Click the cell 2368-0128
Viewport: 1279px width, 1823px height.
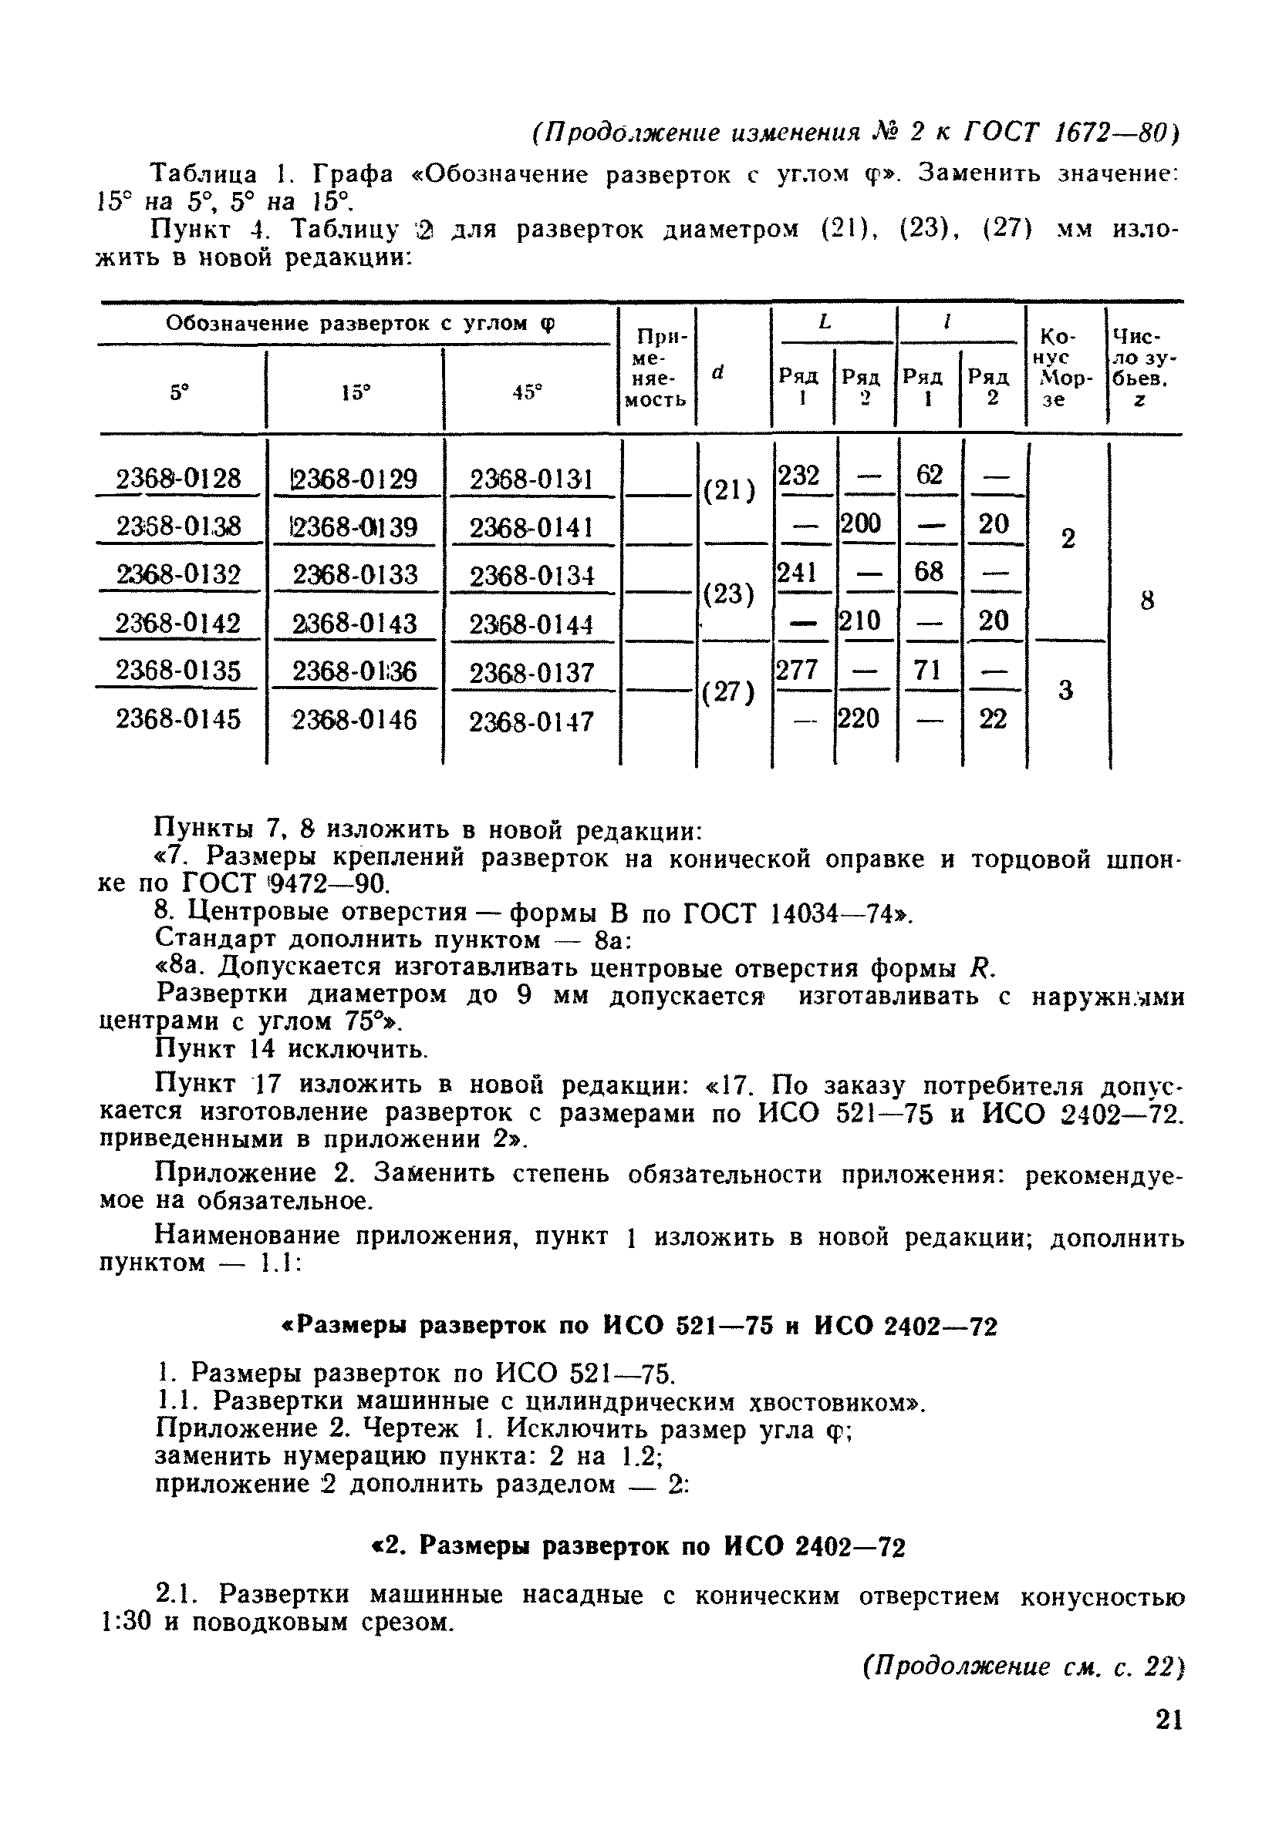pyautogui.click(x=178, y=479)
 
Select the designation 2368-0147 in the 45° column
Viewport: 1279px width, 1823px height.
pyautogui.click(x=532, y=721)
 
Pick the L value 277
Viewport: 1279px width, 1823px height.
pyautogui.click(x=798, y=670)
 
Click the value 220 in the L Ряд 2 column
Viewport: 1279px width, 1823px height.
pyautogui.click(x=861, y=718)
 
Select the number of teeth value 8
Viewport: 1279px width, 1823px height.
pyautogui.click(x=1146, y=600)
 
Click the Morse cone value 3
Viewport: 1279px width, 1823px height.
pyautogui.click(x=1067, y=691)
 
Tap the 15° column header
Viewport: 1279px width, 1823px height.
pyautogui.click(x=355, y=392)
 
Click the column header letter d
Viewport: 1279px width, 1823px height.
pyautogui.click(x=719, y=371)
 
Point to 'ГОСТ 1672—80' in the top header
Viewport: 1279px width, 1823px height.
pyautogui.click(x=1071, y=132)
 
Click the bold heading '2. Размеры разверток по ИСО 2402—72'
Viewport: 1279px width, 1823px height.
pyautogui.click(x=639, y=1546)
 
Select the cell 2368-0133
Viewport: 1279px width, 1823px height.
pyautogui.click(x=355, y=574)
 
